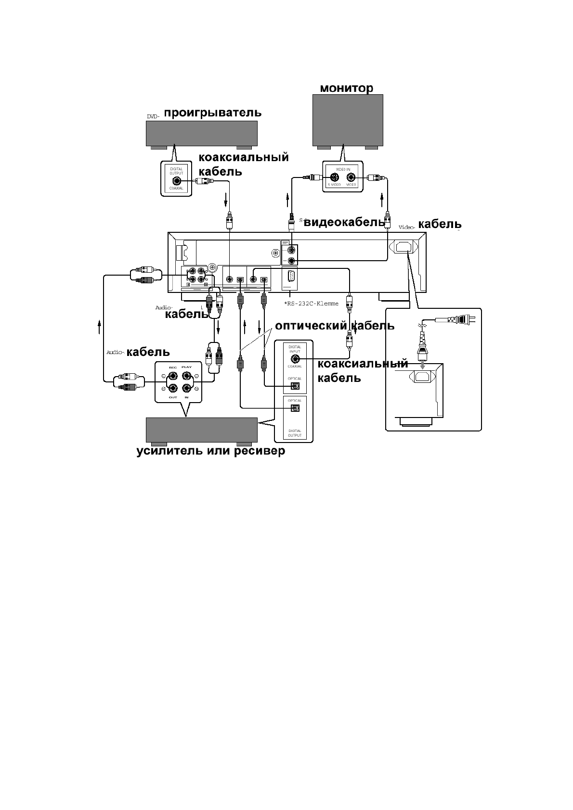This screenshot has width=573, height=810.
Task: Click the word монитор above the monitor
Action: (x=346, y=89)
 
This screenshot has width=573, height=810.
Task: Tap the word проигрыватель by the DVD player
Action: (x=212, y=113)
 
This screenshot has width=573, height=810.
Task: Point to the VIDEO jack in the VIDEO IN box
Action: (x=351, y=177)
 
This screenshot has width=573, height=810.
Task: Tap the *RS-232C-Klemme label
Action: (x=311, y=304)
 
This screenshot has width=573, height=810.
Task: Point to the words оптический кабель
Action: (x=334, y=326)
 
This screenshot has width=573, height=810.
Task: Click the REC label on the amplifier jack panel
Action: (x=173, y=367)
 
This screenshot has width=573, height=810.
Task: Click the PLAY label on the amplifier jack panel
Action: (x=186, y=367)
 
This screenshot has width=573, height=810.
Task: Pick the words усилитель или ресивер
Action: (x=210, y=451)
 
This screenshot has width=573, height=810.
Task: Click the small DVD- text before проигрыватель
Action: (x=153, y=116)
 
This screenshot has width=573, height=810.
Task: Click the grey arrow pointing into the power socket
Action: (x=422, y=366)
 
